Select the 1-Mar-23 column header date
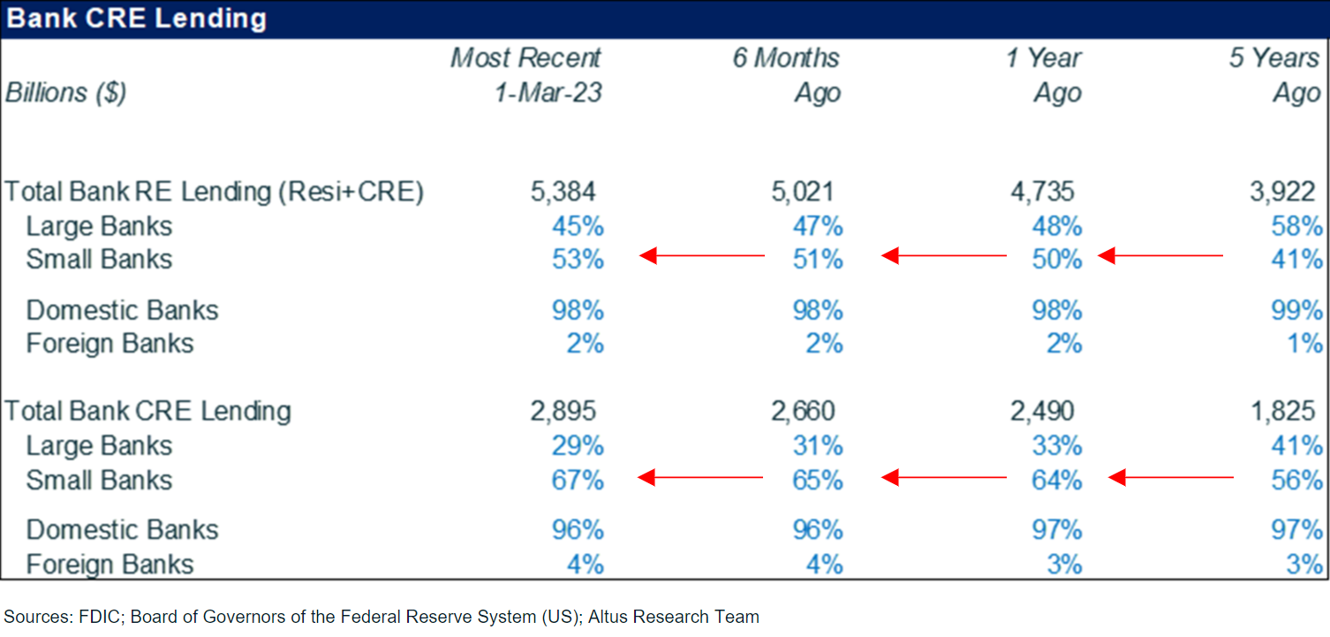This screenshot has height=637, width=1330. (548, 93)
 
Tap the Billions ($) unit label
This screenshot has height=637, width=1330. (66, 93)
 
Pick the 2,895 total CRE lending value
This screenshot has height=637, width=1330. (563, 411)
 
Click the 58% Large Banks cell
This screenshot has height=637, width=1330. (1296, 226)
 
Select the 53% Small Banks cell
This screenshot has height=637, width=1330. (578, 260)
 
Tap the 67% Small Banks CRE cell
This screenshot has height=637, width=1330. (578, 480)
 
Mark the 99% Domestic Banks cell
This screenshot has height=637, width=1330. (1296, 310)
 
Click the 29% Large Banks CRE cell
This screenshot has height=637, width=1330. (578, 446)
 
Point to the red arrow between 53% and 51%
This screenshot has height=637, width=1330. (702, 256)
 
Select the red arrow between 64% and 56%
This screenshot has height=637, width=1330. (1170, 478)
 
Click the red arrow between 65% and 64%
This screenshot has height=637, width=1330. (944, 478)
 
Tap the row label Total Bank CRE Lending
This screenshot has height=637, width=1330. (148, 411)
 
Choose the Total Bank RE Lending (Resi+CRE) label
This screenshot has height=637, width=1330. (215, 192)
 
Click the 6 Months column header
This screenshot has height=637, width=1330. (785, 58)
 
